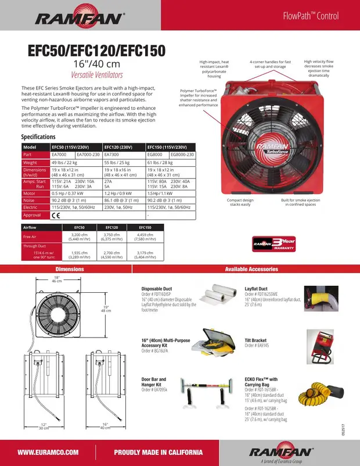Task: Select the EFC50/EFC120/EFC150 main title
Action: pos(96,50)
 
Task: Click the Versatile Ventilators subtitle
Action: pos(96,75)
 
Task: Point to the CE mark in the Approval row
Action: pos(56,215)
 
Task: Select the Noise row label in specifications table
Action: pos(30,199)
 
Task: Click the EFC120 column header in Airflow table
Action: pos(112,227)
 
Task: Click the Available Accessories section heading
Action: pos(251,269)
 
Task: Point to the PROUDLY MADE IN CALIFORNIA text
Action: pos(158,453)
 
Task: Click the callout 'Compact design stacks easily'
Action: pos(240,202)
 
